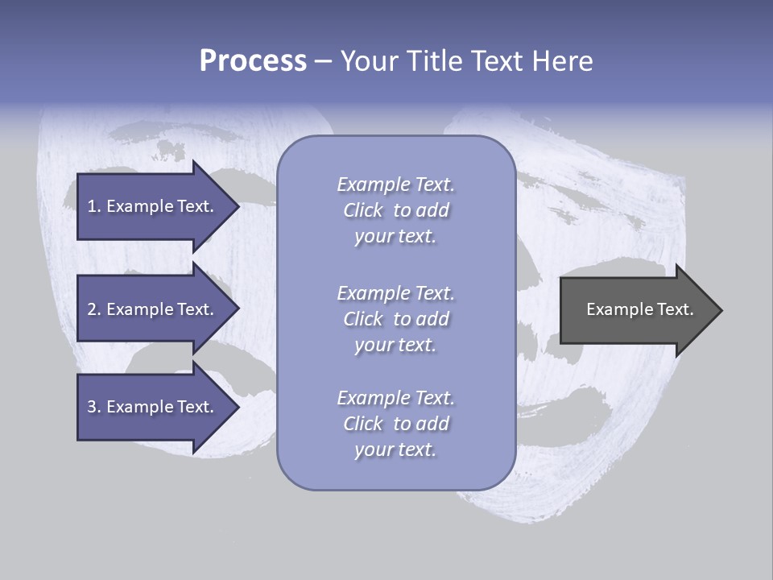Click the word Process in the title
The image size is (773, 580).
[x=253, y=61]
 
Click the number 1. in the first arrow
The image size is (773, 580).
[x=93, y=206]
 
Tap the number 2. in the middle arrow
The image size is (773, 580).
[x=93, y=309]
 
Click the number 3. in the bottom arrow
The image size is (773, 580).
[x=93, y=407]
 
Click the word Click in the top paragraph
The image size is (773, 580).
[x=362, y=210]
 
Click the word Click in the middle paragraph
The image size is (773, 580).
[x=362, y=319]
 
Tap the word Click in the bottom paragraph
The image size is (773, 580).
[x=362, y=424]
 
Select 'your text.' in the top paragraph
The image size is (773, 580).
[x=395, y=237]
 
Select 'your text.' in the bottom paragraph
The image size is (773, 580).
[x=395, y=450]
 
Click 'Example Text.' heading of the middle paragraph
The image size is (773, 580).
[x=395, y=293]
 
